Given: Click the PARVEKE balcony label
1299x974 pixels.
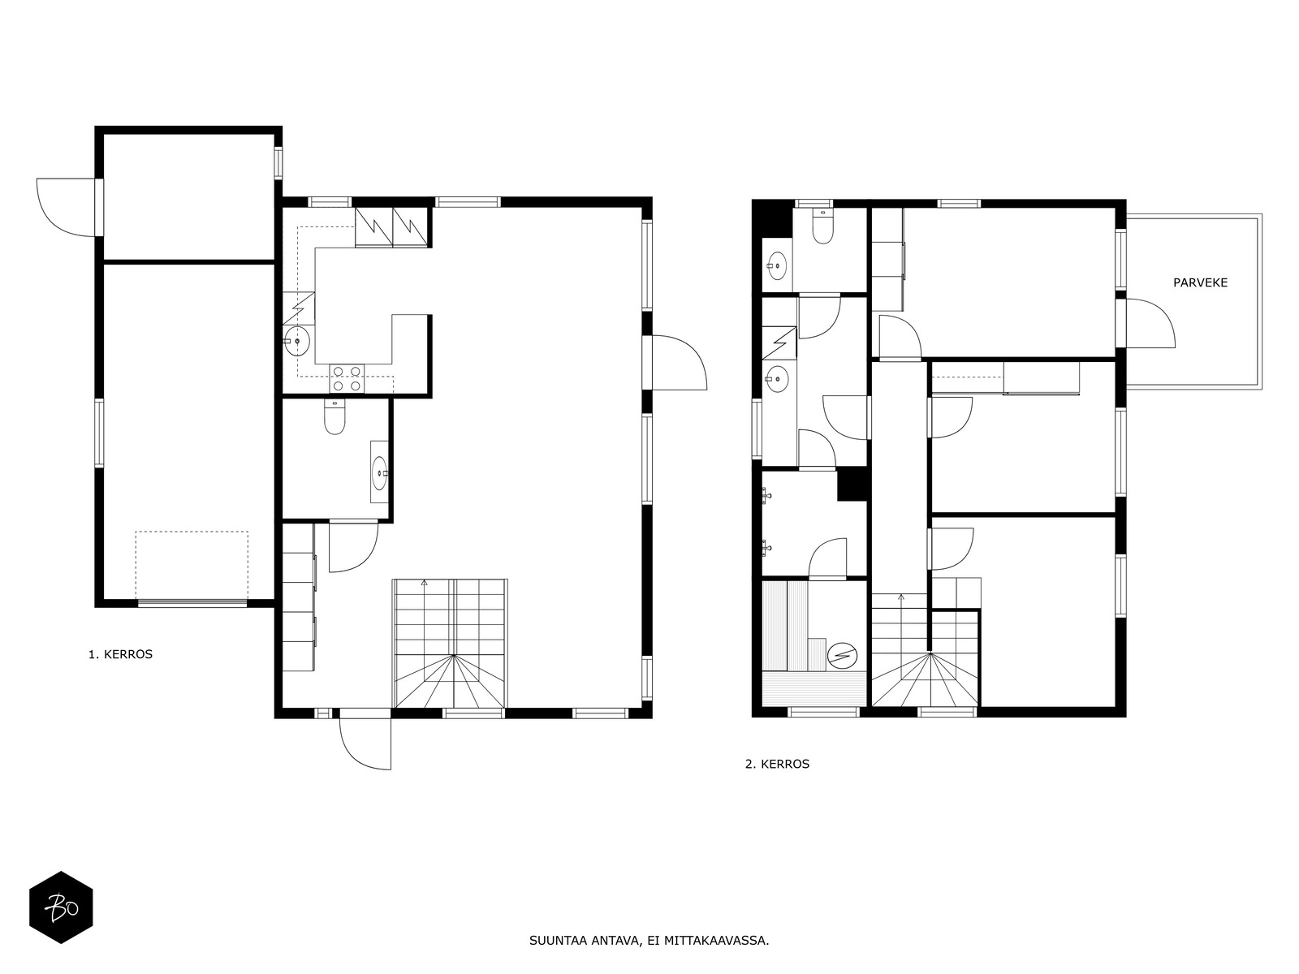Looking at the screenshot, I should tap(1200, 283).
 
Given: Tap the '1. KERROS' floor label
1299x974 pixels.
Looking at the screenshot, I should tap(120, 654).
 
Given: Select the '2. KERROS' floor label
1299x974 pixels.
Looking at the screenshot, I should tap(777, 764).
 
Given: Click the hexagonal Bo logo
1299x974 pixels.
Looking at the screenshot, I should tap(61, 907).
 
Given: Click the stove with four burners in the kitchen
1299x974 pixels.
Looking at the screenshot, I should tap(346, 379).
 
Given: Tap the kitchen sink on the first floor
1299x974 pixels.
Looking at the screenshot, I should tap(296, 341).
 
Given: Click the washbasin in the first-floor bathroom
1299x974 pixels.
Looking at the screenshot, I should tap(379, 472).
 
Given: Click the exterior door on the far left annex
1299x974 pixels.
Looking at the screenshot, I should tap(67, 207).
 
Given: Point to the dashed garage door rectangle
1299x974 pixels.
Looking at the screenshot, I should tap(192, 565).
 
